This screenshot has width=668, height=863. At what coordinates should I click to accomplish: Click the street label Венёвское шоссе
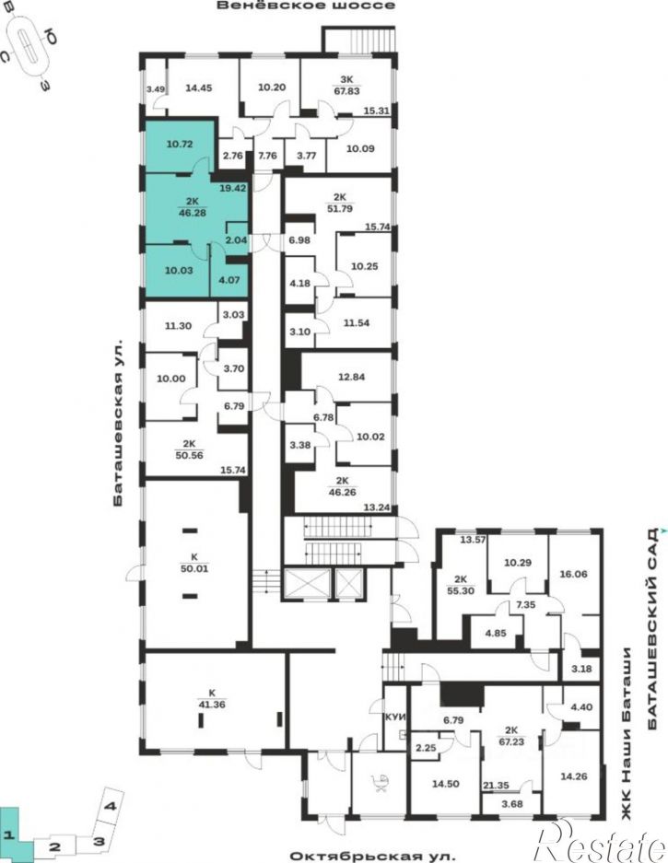(306, 6)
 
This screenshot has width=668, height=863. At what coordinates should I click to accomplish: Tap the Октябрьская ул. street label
(373, 857)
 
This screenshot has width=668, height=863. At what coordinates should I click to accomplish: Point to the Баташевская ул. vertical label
(119, 423)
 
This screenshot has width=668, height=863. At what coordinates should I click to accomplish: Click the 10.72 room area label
(180, 146)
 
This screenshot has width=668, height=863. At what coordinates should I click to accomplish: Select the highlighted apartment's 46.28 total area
(193, 212)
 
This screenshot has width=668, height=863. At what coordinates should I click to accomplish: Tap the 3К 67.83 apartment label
(347, 85)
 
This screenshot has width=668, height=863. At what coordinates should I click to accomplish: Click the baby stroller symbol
(381, 784)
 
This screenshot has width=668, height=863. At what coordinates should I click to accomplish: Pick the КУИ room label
(395, 717)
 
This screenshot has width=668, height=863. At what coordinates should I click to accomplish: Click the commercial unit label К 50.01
(194, 563)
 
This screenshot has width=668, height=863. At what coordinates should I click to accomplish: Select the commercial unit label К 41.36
(212, 698)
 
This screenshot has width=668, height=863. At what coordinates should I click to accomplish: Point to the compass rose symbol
(30, 45)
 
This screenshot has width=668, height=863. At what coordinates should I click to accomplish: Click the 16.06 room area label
(573, 574)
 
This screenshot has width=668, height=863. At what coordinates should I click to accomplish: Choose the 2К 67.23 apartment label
(511, 736)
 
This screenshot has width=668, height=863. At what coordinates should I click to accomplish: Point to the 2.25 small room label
(425, 748)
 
